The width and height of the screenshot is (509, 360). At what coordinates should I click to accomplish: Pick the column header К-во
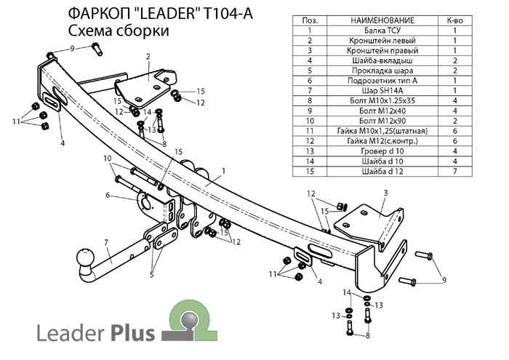coord(454,20)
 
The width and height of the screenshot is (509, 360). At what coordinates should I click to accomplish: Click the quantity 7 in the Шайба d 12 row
coord(454,171)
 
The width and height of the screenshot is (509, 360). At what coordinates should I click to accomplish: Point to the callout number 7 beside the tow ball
coord(105,242)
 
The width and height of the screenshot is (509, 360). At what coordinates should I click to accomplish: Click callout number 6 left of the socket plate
coord(107,195)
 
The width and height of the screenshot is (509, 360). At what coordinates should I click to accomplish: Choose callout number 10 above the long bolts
coord(107,158)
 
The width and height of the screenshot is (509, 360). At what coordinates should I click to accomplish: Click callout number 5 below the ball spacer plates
coord(152,274)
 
